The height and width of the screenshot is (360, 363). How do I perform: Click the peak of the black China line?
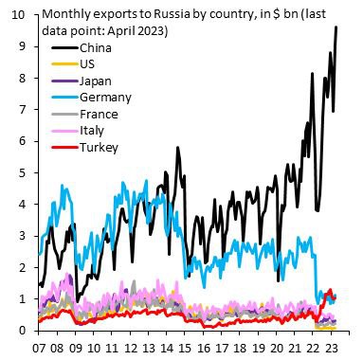click(x=336, y=27)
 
